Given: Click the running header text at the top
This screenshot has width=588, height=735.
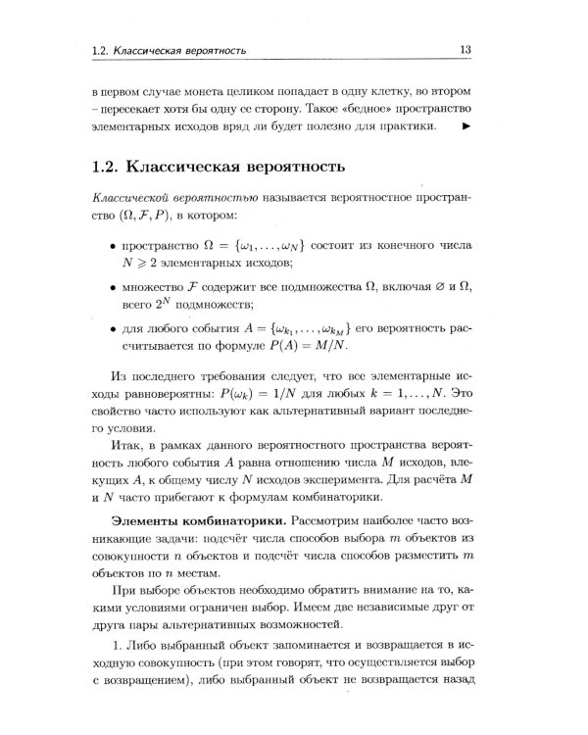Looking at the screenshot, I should click(x=168, y=50).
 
